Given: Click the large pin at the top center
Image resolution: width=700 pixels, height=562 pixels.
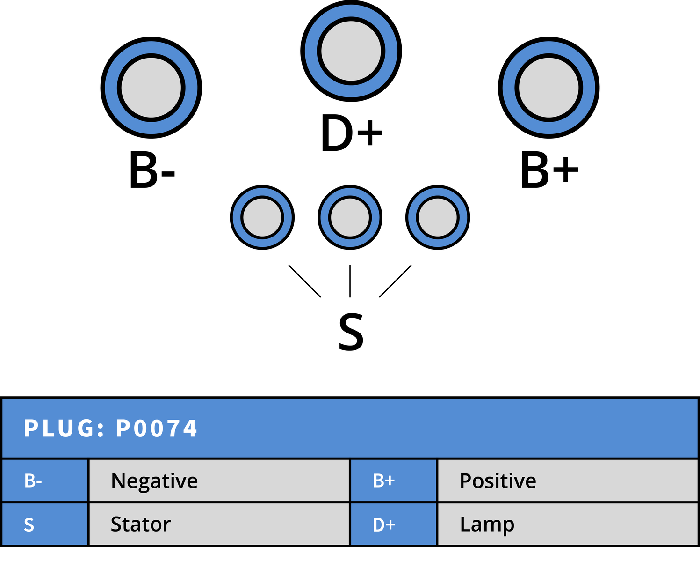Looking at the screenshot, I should pos(351,51).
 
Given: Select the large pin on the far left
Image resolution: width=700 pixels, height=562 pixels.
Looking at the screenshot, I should pos(151,88).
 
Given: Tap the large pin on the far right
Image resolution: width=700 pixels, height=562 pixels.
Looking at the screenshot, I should pos(549,88).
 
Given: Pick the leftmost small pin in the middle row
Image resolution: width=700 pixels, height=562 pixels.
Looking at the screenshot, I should pos(262,217).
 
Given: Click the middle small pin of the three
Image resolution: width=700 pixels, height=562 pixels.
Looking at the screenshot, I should pos(350,217).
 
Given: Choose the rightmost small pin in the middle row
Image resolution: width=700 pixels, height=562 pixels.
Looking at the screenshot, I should pos(438,217).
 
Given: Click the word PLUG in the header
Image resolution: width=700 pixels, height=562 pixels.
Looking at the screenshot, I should pos(59,429).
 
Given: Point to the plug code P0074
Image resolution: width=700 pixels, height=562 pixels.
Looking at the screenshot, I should pos(157,429).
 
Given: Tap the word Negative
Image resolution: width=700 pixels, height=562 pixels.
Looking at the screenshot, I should pos(154,481).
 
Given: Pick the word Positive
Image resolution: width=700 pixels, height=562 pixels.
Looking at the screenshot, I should pos(498,481).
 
